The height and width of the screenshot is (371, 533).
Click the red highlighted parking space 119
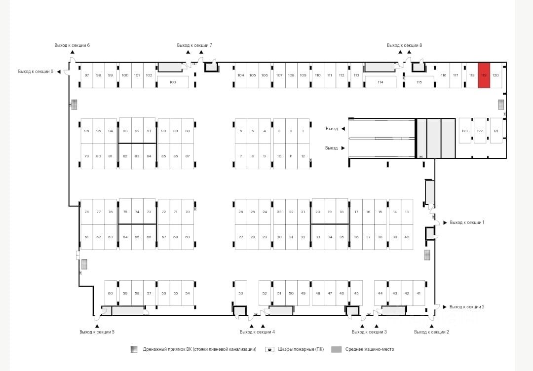point(484,75)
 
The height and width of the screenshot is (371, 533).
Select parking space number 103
point(173,82)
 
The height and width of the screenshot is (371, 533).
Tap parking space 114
point(380,82)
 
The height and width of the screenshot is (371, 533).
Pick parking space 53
point(241,293)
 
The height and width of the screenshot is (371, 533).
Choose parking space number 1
point(303,131)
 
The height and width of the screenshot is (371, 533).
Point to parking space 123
point(465,131)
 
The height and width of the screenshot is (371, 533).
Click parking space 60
point(111,293)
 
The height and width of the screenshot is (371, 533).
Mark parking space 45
point(356,293)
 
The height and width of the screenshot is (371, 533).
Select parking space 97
point(87,75)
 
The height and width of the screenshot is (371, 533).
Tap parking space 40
point(407,237)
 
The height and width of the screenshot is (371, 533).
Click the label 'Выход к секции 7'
point(194,45)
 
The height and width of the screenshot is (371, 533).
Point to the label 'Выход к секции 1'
point(467,223)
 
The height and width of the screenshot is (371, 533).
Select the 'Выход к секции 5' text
point(97,332)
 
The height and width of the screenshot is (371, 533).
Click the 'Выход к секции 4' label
point(257,332)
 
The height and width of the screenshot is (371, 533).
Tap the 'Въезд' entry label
point(332,129)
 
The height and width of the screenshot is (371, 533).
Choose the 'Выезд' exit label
point(332,148)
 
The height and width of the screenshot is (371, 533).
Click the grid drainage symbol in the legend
point(134,349)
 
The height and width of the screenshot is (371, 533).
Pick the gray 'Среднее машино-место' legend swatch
point(336,349)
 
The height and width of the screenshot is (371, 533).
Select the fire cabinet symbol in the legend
point(270,349)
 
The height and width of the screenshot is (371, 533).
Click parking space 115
point(419,82)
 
